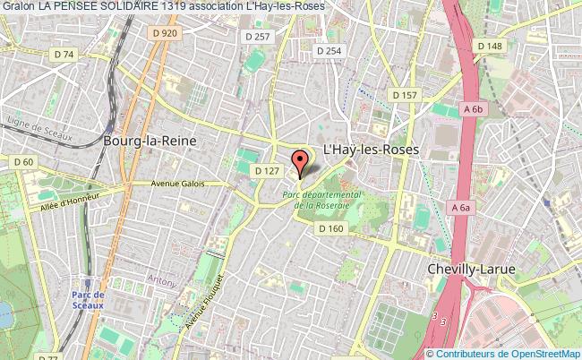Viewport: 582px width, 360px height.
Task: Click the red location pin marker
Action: (x=301, y=163)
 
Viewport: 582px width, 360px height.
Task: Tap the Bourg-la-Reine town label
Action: (x=149, y=141)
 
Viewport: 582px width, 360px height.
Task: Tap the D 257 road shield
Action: (x=257, y=36)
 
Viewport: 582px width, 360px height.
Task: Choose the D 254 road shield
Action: (x=328, y=51)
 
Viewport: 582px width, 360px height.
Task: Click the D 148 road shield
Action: (x=490, y=46)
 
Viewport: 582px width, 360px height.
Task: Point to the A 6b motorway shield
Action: (x=473, y=109)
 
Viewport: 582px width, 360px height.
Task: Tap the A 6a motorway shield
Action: (x=461, y=208)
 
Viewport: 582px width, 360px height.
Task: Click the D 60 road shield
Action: (x=24, y=162)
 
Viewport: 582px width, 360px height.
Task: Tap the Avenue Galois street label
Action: (x=179, y=184)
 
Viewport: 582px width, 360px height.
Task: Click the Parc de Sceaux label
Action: (x=89, y=299)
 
